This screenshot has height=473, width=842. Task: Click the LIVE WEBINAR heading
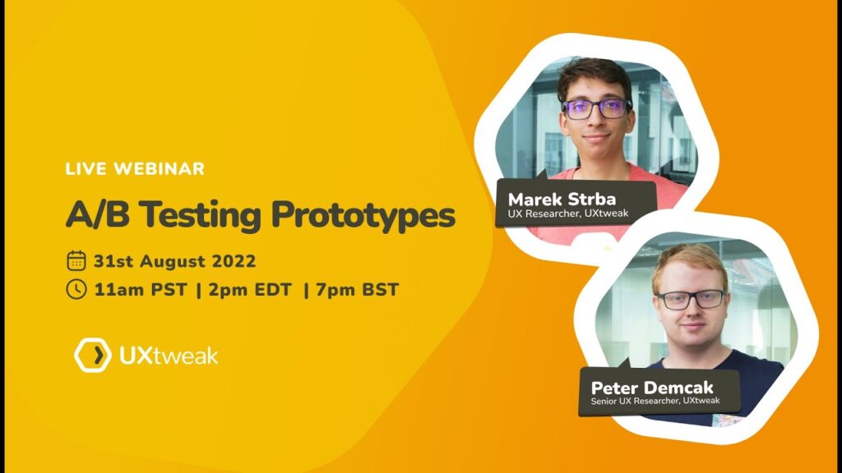point(135,169)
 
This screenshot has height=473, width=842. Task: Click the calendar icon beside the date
point(76,261)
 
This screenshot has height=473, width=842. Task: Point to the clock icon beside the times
point(76,289)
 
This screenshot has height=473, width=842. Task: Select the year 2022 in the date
point(234,261)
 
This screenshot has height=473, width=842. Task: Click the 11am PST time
point(140,290)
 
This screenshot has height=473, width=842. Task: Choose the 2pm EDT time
point(250,290)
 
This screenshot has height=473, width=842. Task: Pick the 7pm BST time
point(357,290)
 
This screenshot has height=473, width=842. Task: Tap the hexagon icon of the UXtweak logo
point(92,355)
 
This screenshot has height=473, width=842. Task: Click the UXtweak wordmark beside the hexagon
point(169,356)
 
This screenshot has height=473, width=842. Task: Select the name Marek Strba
point(562,200)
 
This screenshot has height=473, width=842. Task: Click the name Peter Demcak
point(652,388)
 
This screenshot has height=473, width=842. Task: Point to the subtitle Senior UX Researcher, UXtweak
point(655,401)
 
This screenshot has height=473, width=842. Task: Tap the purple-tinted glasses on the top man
point(597,109)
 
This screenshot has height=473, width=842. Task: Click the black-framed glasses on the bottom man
point(692,299)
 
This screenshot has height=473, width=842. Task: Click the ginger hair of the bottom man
point(691,264)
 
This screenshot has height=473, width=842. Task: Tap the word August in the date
point(173,262)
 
